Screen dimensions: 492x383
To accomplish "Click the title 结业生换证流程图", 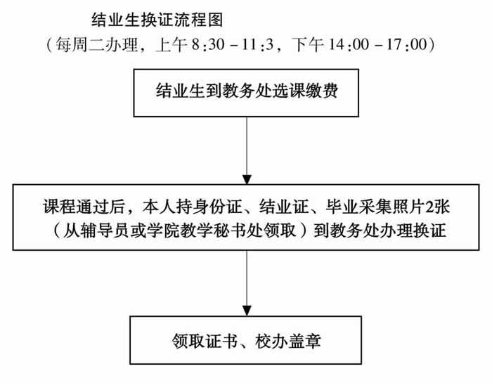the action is click(x=157, y=20).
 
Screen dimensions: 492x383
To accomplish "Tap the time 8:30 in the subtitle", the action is click(x=208, y=44).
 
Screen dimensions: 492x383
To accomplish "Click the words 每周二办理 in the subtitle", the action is click(x=97, y=44).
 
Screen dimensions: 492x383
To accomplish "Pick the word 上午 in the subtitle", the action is click(x=171, y=44).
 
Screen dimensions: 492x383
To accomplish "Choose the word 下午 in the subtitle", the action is click(x=308, y=44).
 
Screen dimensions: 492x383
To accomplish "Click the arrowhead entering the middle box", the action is click(x=247, y=180).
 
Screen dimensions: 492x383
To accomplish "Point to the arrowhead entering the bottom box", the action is click(x=247, y=311).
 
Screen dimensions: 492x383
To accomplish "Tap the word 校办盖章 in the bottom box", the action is click(x=288, y=341).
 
